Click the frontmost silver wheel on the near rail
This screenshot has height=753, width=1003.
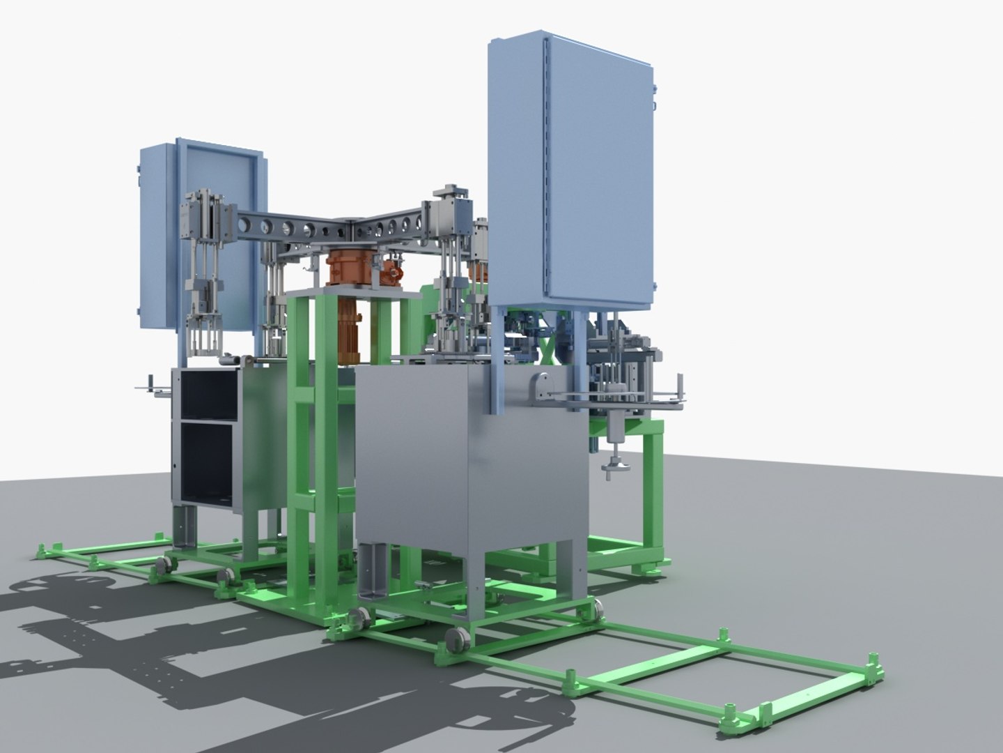tap(456, 638)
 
